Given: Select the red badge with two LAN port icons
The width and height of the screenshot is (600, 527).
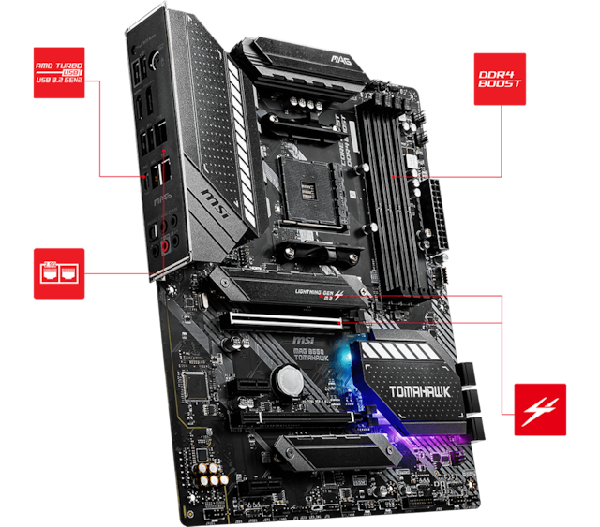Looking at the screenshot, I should pyautogui.click(x=59, y=274).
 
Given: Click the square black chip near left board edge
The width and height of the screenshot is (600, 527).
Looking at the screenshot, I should pyautogui.click(x=195, y=384).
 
